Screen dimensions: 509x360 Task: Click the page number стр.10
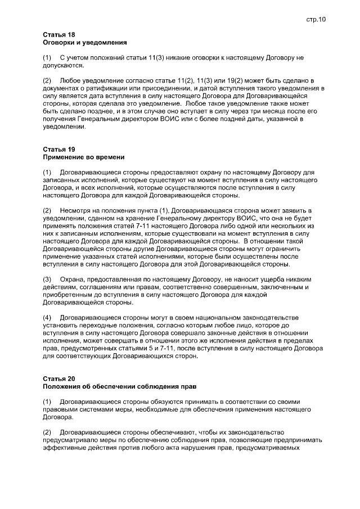point(316,19)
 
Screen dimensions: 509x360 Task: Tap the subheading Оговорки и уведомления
point(84,43)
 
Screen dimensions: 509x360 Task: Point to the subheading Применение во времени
point(83,157)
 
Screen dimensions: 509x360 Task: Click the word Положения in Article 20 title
point(64,388)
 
